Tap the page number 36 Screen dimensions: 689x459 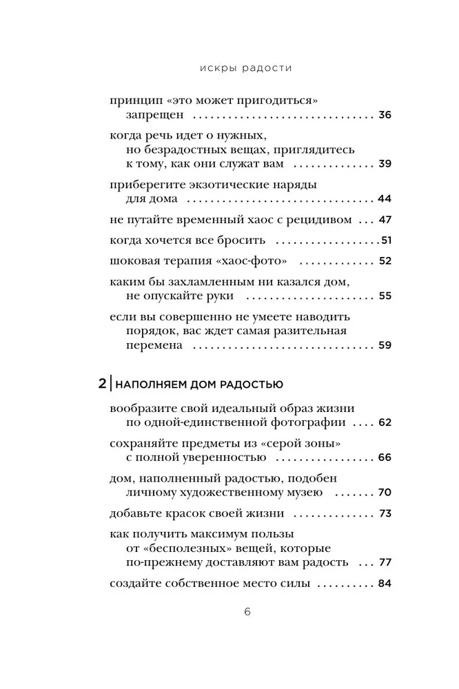[x=385, y=114]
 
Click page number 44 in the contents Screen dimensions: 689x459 [x=385, y=198]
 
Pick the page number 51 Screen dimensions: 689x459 [x=386, y=240]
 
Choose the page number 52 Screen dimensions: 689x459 [x=385, y=261]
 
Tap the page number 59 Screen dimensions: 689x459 [x=385, y=345]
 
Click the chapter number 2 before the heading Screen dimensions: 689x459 [x=103, y=383]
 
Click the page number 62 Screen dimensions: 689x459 [x=385, y=422]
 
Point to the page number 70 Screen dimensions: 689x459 [x=385, y=493]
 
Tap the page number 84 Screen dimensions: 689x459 [x=385, y=584]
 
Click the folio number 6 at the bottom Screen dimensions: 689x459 [x=229, y=613]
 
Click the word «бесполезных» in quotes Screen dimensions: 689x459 [x=172, y=548]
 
